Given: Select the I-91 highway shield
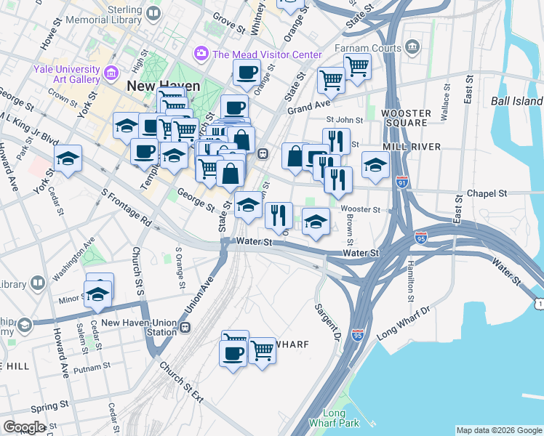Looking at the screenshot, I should click(402, 181).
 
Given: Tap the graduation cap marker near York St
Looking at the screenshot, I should click(68, 159).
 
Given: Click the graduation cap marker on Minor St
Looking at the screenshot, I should click(97, 294).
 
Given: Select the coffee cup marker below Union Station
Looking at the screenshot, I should click(233, 354).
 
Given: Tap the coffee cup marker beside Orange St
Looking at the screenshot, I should click(247, 73).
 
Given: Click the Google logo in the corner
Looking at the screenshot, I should click(24, 427).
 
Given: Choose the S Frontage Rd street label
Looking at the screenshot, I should click(126, 208).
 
